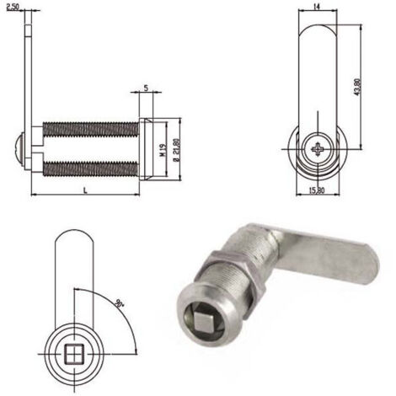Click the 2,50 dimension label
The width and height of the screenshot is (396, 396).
(13, 7)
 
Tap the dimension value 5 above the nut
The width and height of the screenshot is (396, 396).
(146, 88)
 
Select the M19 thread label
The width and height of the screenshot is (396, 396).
(163, 150)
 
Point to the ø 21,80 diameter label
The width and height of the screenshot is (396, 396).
(176, 150)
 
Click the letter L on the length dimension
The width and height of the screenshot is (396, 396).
(86, 190)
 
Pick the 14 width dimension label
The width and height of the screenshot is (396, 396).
(317, 7)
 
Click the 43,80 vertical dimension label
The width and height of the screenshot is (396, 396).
(357, 87)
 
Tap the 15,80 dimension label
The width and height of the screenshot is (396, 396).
(317, 190)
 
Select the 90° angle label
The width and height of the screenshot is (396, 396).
(120, 303)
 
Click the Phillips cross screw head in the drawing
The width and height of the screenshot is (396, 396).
(318, 149)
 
